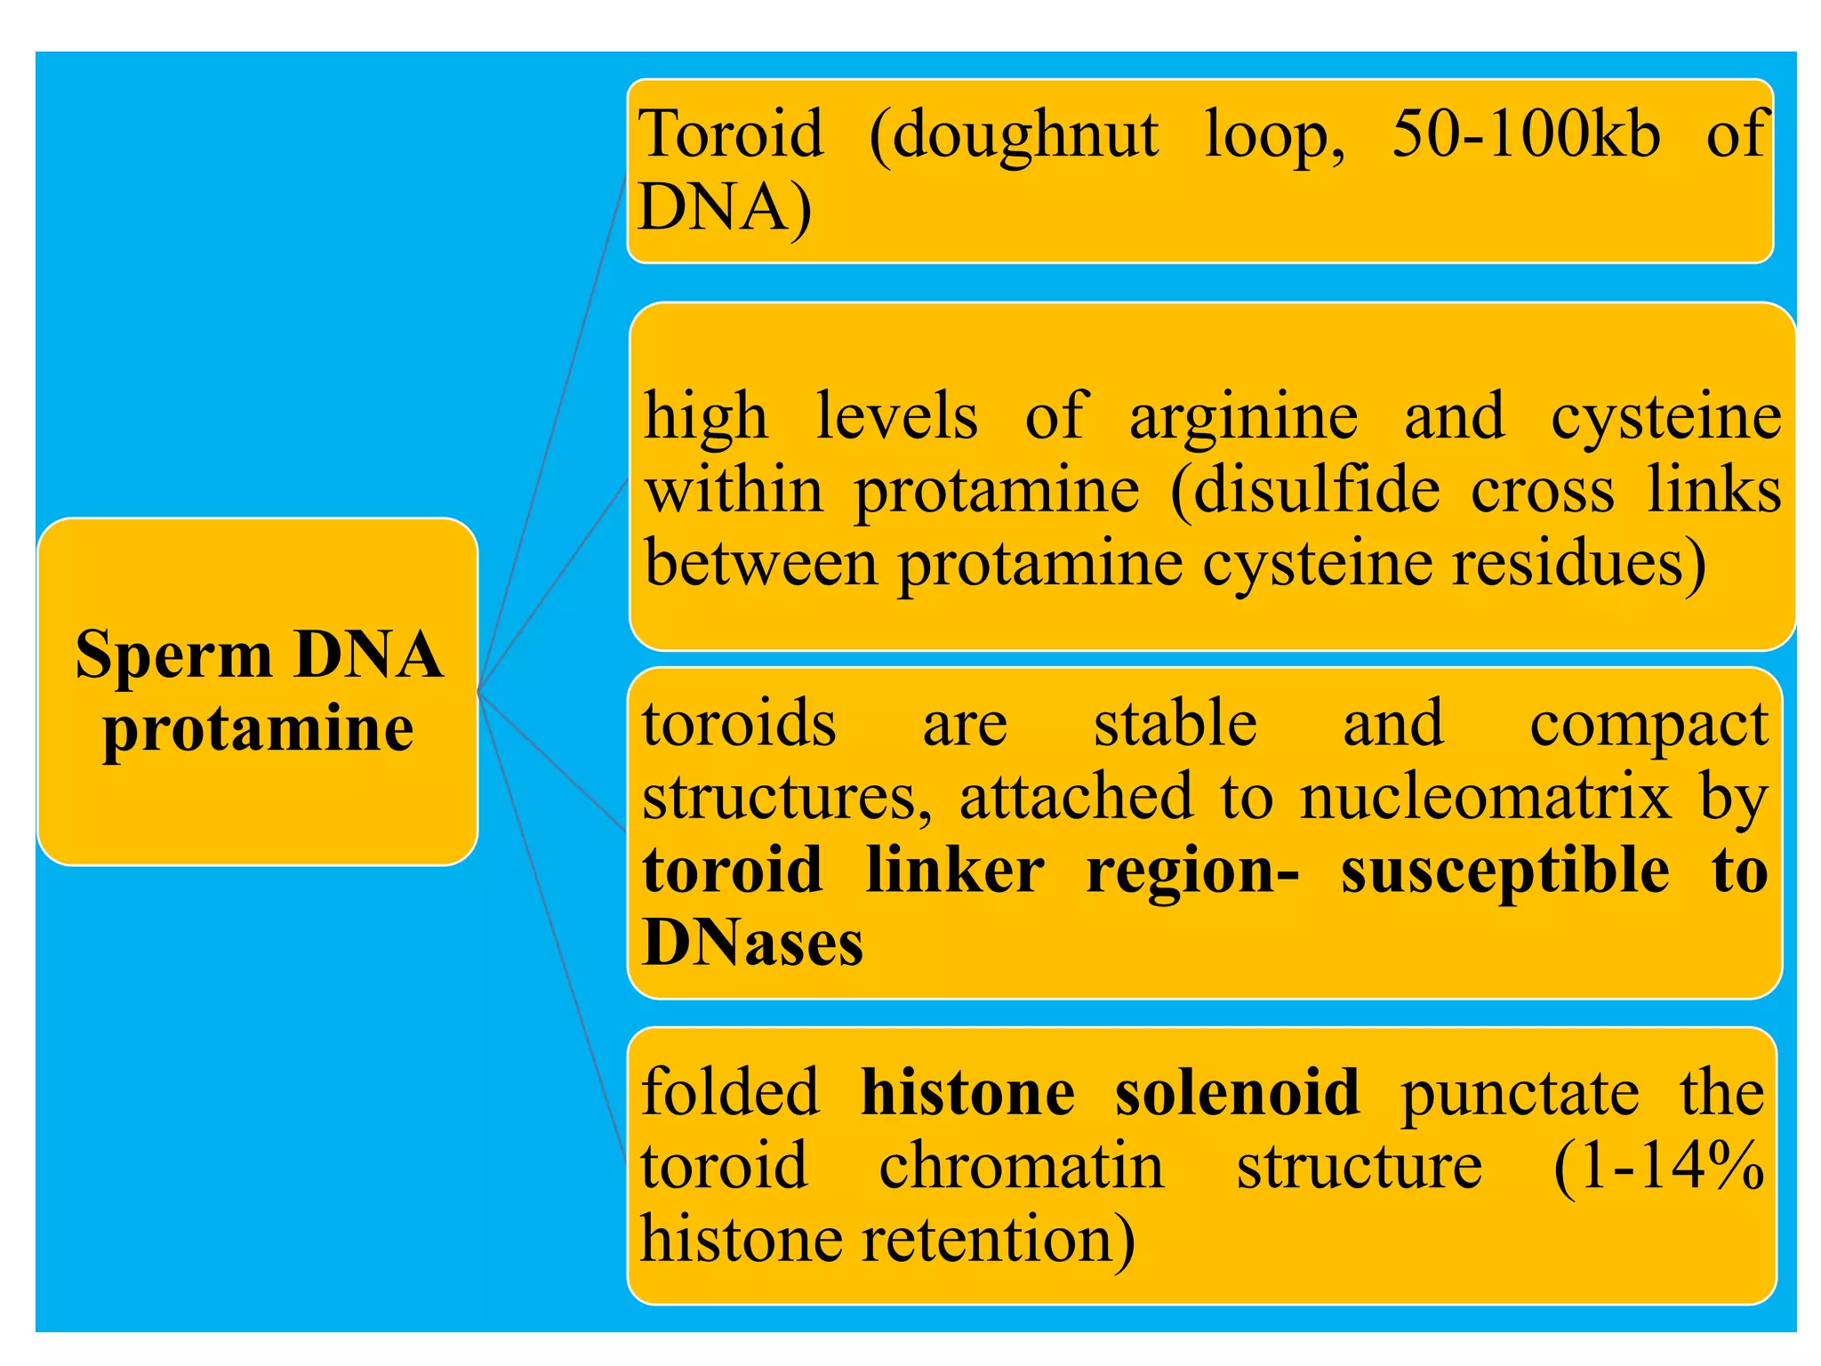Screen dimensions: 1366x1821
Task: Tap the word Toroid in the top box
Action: [x=731, y=135]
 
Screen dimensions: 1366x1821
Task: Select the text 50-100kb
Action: [x=1526, y=135]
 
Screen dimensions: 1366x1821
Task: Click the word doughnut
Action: [x=1014, y=135]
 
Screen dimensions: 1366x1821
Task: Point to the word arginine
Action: [x=1243, y=418]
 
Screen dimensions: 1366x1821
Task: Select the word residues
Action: [x=1577, y=564]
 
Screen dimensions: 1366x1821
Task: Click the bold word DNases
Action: [x=752, y=943]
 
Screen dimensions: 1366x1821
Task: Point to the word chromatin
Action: [x=1021, y=1165]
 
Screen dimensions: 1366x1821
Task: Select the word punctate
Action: [x=1519, y=1094]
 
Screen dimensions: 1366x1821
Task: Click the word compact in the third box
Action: [x=1649, y=726]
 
